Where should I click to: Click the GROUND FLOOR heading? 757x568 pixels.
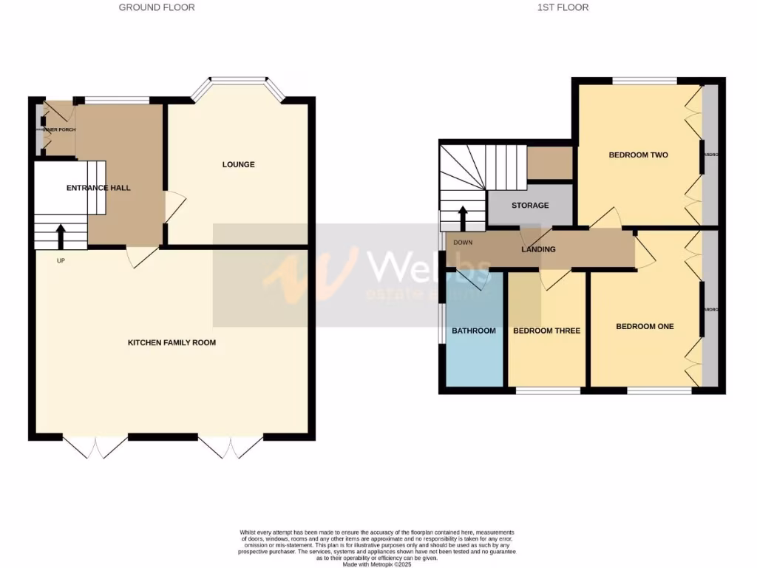click(x=157, y=7)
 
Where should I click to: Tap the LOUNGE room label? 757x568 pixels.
click(x=238, y=164)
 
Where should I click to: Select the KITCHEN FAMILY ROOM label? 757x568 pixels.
click(x=172, y=342)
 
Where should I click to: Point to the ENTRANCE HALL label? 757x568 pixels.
click(x=98, y=188)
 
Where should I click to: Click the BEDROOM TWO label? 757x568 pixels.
click(x=638, y=155)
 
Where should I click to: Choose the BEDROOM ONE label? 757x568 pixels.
click(x=645, y=326)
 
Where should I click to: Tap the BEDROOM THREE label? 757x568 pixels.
click(x=546, y=331)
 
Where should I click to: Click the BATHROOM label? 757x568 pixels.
click(x=474, y=331)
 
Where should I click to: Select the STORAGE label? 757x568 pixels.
click(x=530, y=205)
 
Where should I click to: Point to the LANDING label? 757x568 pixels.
click(x=538, y=249)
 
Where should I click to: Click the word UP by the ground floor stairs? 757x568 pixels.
click(x=61, y=260)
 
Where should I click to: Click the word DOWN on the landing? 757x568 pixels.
click(x=463, y=243)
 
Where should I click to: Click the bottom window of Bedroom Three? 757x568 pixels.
click(x=548, y=390)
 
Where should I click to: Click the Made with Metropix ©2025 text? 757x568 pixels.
click(x=378, y=564)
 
